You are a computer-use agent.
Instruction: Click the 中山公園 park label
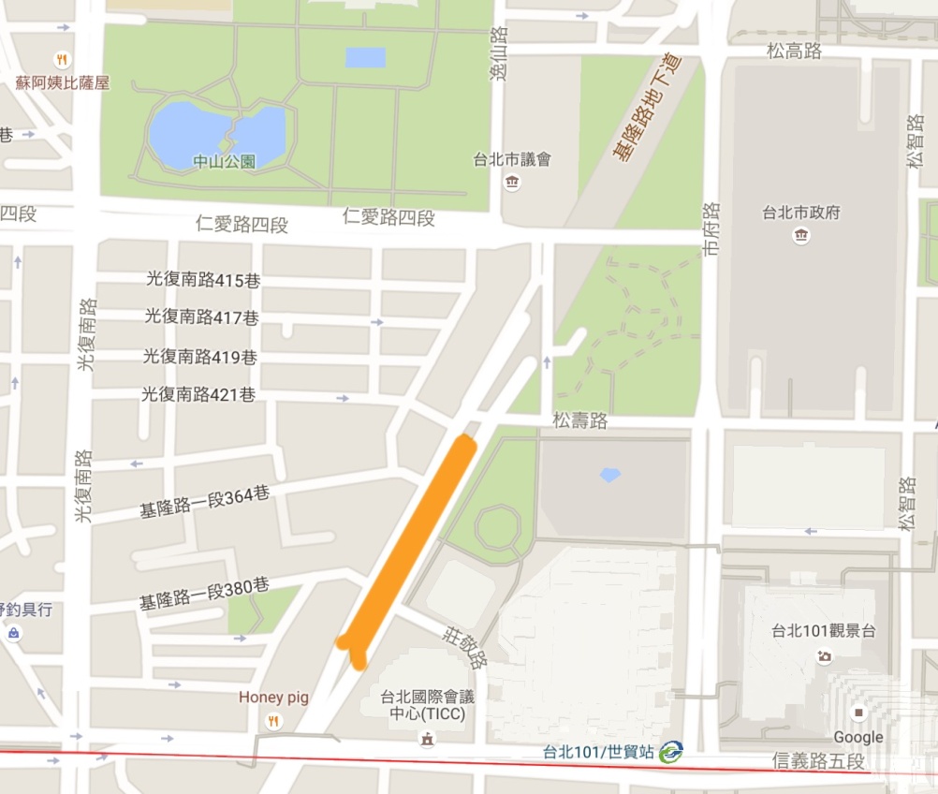point(224,161)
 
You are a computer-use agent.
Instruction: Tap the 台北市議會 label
point(512,159)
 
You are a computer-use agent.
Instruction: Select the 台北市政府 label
point(800,213)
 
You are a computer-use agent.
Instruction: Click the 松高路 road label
point(794,51)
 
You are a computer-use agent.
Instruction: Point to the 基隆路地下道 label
point(647,108)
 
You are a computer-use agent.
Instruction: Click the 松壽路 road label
point(580,421)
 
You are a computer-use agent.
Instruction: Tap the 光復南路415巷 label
point(201,279)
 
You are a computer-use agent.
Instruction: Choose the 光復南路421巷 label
point(198,395)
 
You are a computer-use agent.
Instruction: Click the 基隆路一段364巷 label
point(204,503)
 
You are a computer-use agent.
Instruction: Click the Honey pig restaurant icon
point(273,720)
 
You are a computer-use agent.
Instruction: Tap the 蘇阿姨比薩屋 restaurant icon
point(62,59)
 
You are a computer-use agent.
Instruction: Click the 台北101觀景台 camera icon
point(824,656)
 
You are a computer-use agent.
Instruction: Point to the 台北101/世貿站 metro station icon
point(670,751)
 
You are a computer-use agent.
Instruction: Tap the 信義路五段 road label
point(819,761)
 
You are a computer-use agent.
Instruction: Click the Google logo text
point(857,738)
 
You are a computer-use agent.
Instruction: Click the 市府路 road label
point(713,229)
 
